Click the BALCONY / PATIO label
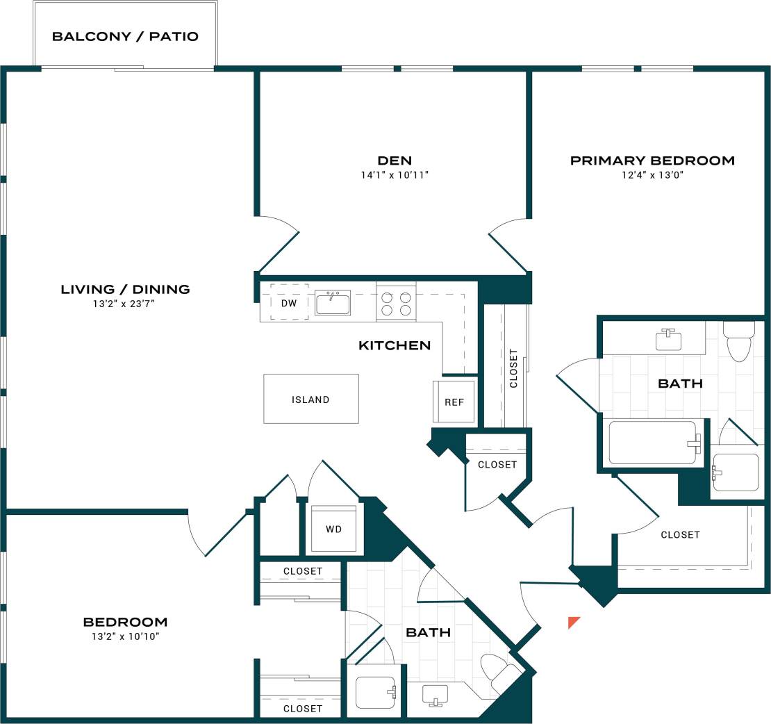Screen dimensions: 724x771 pyautogui.click(x=125, y=36)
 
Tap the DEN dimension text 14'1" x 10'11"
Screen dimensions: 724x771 pyautogui.click(x=395, y=175)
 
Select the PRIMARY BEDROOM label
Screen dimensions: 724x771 pyautogui.click(x=652, y=161)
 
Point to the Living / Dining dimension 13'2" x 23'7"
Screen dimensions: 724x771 pyautogui.click(x=125, y=303)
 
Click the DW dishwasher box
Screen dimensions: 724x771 pyautogui.click(x=289, y=302)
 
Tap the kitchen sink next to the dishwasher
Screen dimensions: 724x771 pyautogui.click(x=333, y=302)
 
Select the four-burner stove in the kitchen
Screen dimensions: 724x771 pyautogui.click(x=396, y=303)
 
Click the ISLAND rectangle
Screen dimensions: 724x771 pyautogui.click(x=310, y=399)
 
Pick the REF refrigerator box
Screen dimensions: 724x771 pyautogui.click(x=454, y=402)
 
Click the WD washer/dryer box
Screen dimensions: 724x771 pyautogui.click(x=333, y=529)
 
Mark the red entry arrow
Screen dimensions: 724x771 pyautogui.click(x=573, y=621)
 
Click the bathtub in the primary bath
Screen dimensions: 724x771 pyautogui.click(x=653, y=443)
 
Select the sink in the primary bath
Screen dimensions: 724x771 pyautogui.click(x=668, y=339)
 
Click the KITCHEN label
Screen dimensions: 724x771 pyautogui.click(x=394, y=345)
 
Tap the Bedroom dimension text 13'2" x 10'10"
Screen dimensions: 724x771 pyautogui.click(x=125, y=636)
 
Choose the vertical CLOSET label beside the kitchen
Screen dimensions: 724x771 pyautogui.click(x=513, y=368)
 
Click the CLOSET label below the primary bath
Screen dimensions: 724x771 pyautogui.click(x=680, y=534)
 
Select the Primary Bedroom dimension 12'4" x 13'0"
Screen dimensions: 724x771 pyautogui.click(x=652, y=175)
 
